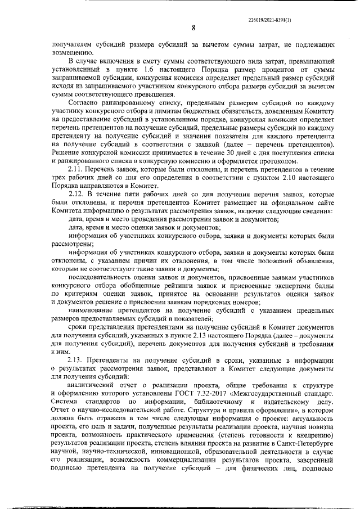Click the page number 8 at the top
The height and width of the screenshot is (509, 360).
point(193,28)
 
